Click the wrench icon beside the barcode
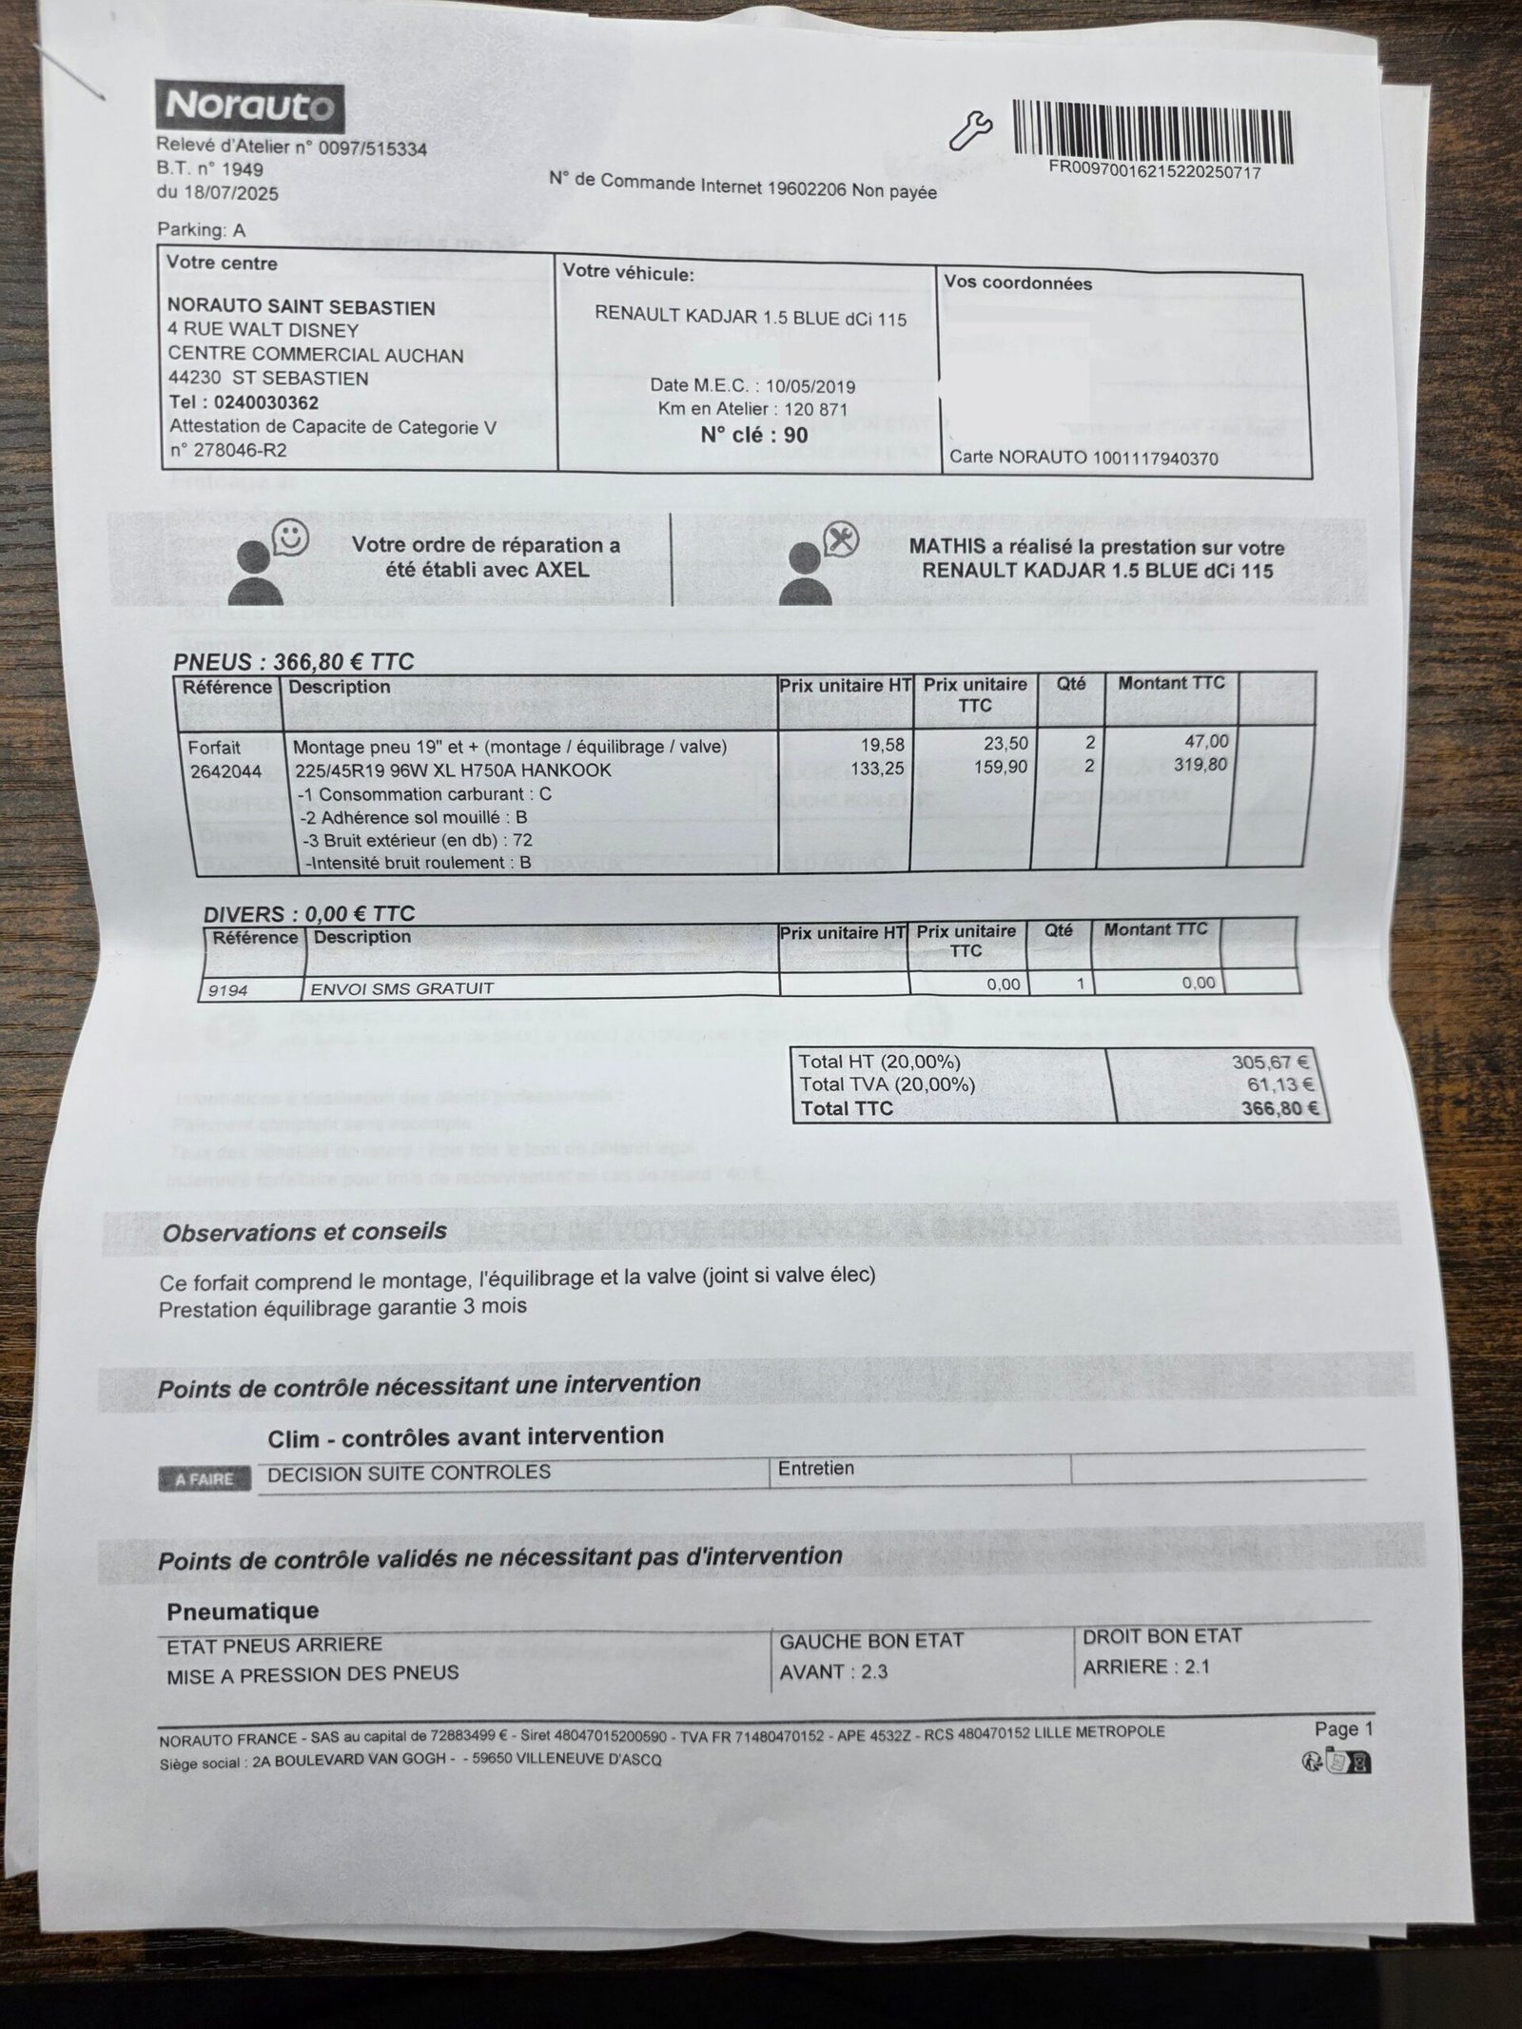point(970,130)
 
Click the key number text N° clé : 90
point(753,436)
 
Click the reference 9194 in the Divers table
point(228,990)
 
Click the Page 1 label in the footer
point(1343,1729)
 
